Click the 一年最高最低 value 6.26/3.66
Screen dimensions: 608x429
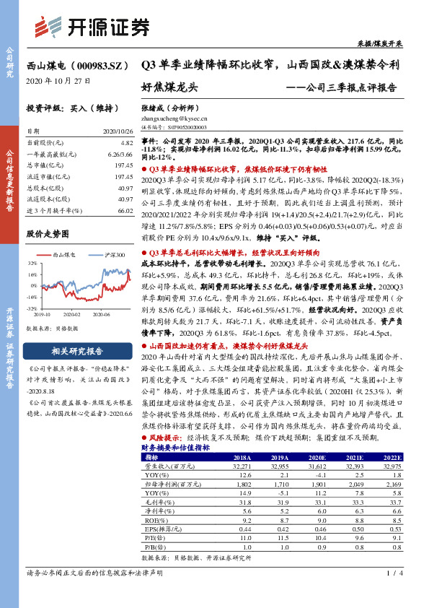tap(120, 155)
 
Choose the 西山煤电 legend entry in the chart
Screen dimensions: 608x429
tap(63, 255)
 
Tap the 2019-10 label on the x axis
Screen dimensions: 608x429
tap(41, 314)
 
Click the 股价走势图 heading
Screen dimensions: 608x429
tap(48, 234)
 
